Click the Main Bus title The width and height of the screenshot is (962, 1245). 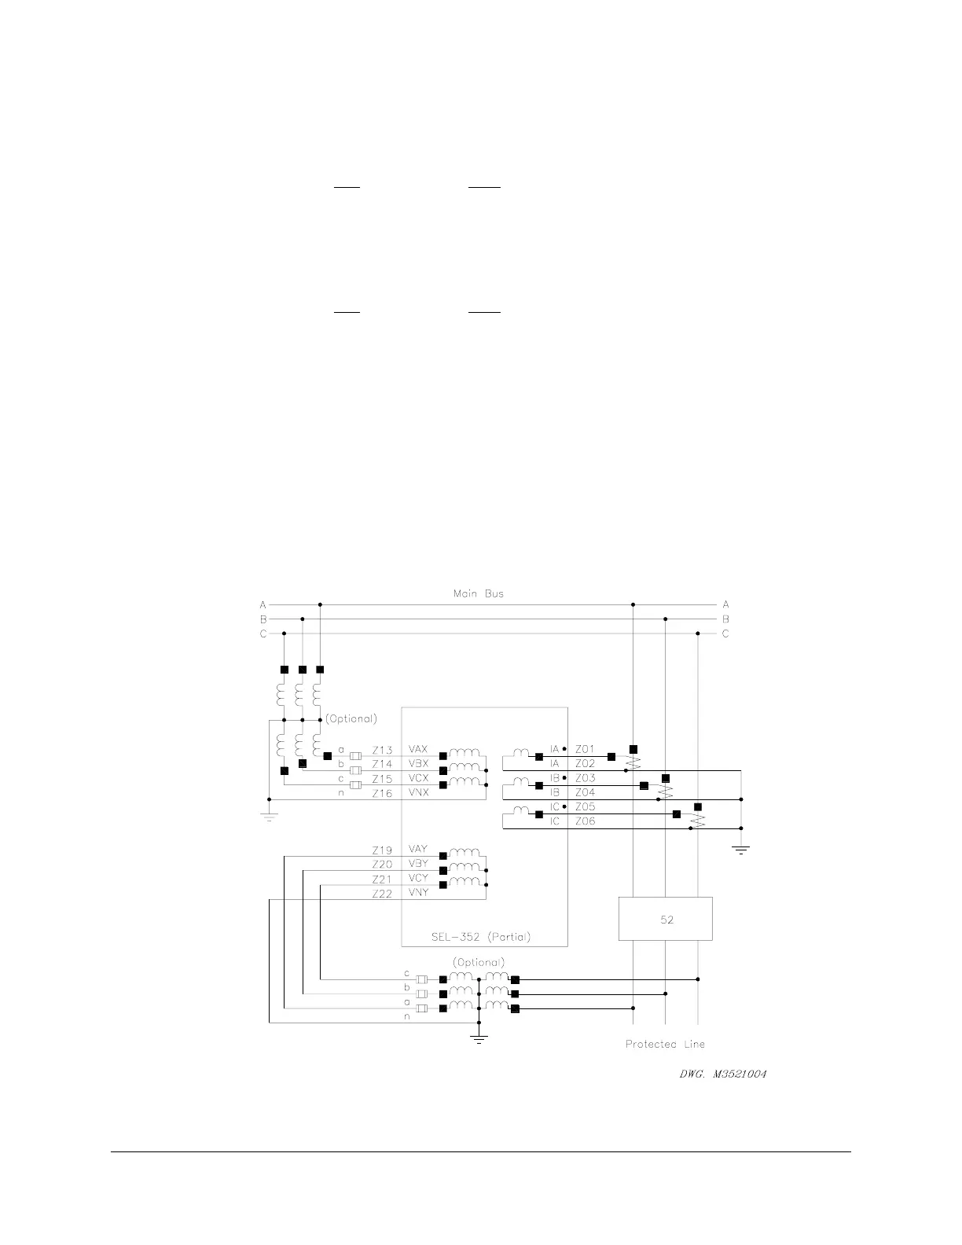click(478, 593)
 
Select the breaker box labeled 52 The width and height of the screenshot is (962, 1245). click(666, 919)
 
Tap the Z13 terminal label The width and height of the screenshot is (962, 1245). click(382, 750)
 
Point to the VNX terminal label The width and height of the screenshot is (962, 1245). click(418, 794)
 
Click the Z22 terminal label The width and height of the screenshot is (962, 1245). click(382, 894)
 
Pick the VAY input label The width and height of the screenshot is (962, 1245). click(418, 850)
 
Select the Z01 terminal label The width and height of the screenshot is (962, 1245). click(586, 749)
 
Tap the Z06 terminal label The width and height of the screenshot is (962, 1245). click(586, 821)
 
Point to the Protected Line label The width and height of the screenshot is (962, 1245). click(665, 1045)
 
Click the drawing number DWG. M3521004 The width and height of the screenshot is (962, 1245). click(723, 1074)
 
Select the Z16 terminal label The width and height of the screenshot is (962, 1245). click(382, 794)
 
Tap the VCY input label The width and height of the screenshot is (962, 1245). click(418, 879)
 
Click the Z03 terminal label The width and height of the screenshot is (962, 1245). click(586, 778)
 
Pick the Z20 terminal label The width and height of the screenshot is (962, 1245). click(382, 865)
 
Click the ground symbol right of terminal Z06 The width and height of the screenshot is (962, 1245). click(740, 850)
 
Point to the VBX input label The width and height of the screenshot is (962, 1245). click(418, 764)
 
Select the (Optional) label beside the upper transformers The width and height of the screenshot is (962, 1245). click(351, 718)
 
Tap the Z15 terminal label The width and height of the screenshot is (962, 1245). click(382, 779)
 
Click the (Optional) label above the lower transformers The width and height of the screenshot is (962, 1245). click(478, 962)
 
